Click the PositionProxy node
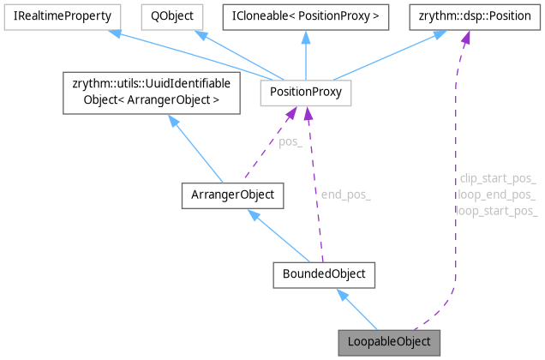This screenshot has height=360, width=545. point(306,89)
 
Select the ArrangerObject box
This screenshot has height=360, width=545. point(232,195)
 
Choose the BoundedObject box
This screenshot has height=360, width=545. point(319,274)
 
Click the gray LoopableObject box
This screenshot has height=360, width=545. point(390,342)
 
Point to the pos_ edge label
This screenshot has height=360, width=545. point(290,142)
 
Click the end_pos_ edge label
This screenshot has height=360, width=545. point(345,195)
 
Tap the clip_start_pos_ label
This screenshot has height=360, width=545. point(498,179)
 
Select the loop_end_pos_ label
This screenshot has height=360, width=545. point(497,195)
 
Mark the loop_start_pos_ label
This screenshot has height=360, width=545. point(497,210)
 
